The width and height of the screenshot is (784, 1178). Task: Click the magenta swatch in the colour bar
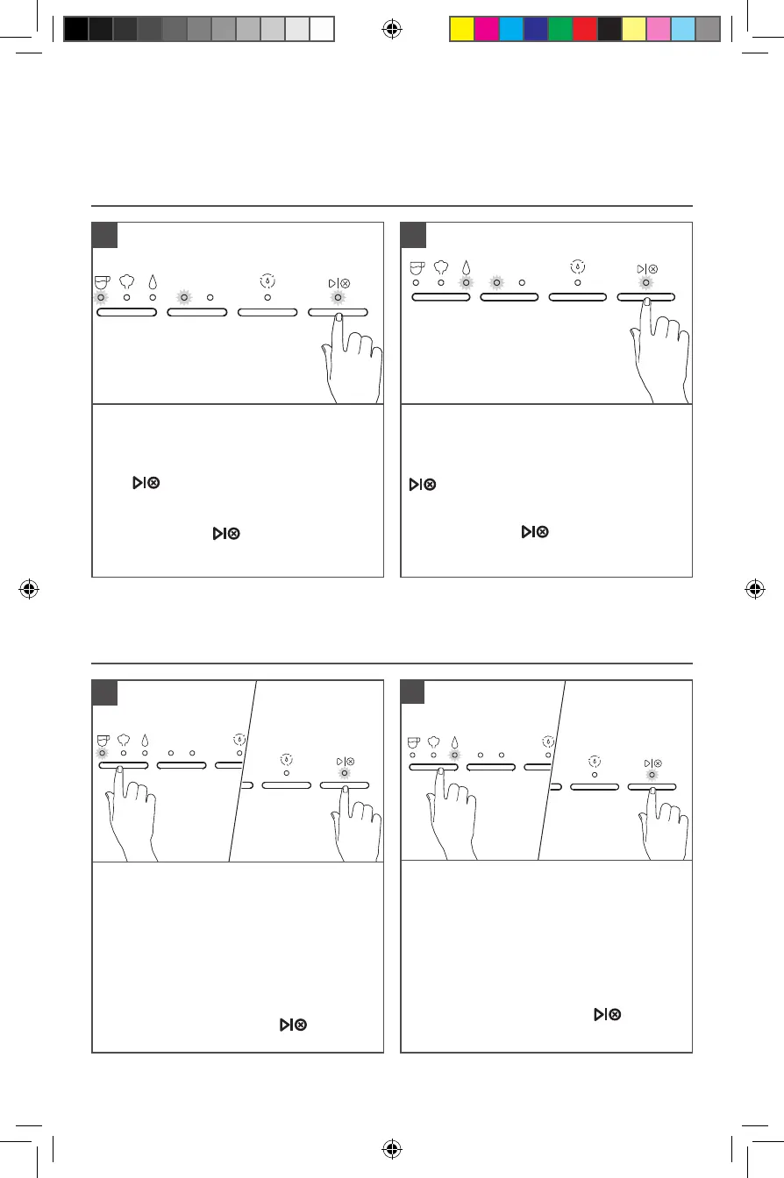pos(486,30)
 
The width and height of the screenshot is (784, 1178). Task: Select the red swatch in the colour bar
pos(584,30)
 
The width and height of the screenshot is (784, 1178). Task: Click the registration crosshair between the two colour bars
pos(392,30)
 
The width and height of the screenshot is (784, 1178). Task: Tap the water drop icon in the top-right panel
pos(467,267)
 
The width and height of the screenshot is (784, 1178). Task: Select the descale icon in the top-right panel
pos(577,266)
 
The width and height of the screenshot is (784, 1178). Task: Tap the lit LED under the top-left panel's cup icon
pos(101,297)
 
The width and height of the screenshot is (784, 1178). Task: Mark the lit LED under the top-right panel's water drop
pos(467,282)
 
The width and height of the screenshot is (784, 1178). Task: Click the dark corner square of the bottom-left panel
pos(105,692)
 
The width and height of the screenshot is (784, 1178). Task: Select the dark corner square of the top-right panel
pos(414,235)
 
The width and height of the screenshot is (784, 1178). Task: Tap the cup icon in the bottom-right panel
pos(413,740)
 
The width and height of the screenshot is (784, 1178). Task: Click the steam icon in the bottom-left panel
pos(124,740)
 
